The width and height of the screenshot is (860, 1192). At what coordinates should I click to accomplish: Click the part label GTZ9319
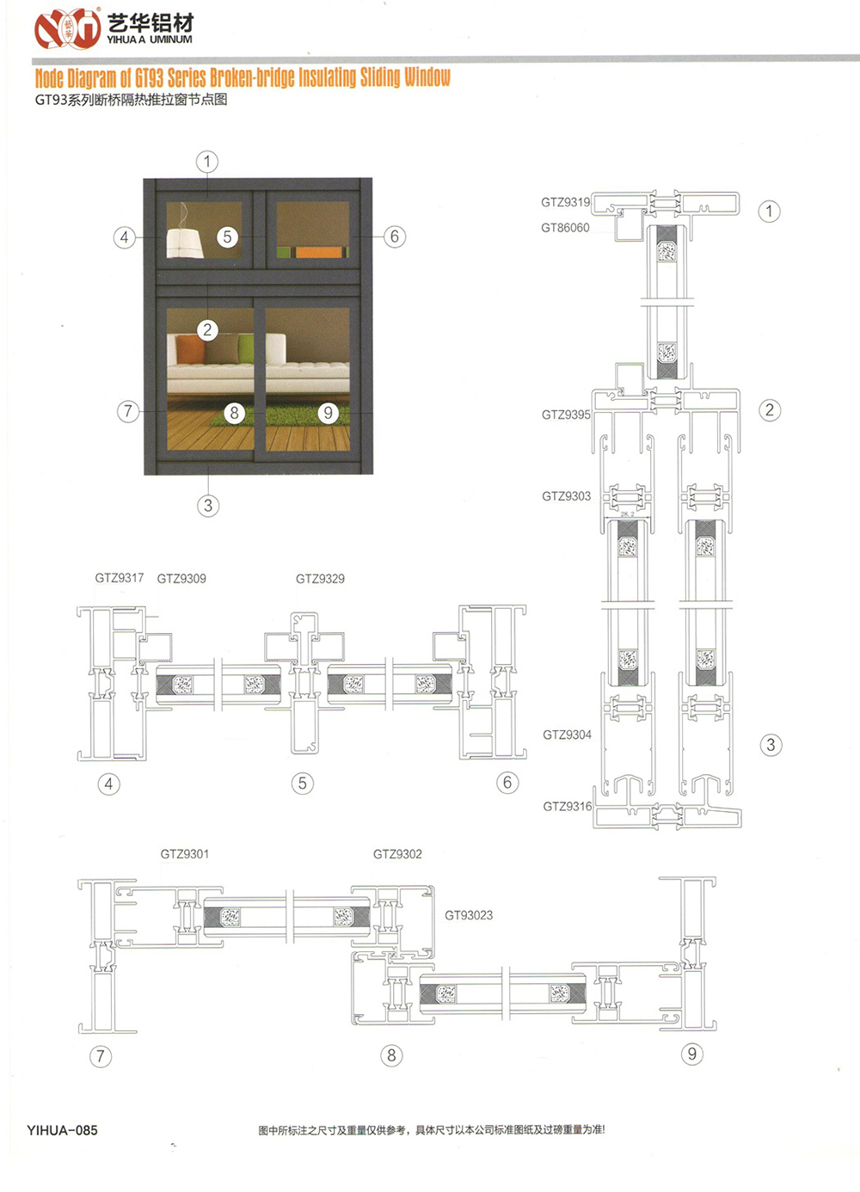[565, 202]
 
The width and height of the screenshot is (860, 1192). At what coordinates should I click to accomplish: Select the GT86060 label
[565, 228]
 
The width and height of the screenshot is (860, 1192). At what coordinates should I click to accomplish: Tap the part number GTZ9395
[566, 415]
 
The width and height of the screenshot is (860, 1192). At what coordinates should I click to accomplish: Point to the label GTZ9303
[566, 496]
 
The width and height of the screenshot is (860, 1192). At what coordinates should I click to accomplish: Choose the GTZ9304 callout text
[567, 734]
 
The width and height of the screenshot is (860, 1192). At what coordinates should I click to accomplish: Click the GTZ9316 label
[568, 806]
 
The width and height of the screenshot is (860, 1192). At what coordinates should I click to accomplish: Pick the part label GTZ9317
[120, 578]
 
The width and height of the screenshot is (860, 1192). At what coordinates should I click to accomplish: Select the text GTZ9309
[181, 579]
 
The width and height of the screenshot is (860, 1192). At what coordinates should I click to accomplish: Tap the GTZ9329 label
[321, 579]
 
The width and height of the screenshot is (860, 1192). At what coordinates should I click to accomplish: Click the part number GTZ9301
[185, 854]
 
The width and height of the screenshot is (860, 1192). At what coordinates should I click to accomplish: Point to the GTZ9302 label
[397, 854]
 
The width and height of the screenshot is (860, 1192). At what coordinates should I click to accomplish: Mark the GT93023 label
[469, 915]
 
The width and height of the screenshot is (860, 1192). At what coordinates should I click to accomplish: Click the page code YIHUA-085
[62, 1130]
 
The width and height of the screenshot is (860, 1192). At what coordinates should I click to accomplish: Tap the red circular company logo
[68, 28]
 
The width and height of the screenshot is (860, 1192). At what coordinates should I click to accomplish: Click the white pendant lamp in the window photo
[184, 243]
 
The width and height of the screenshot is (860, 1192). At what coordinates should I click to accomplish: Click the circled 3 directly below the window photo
[208, 505]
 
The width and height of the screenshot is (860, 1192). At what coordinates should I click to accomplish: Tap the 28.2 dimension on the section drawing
[628, 514]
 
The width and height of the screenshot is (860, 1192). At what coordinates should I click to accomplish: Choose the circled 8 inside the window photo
[234, 413]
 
